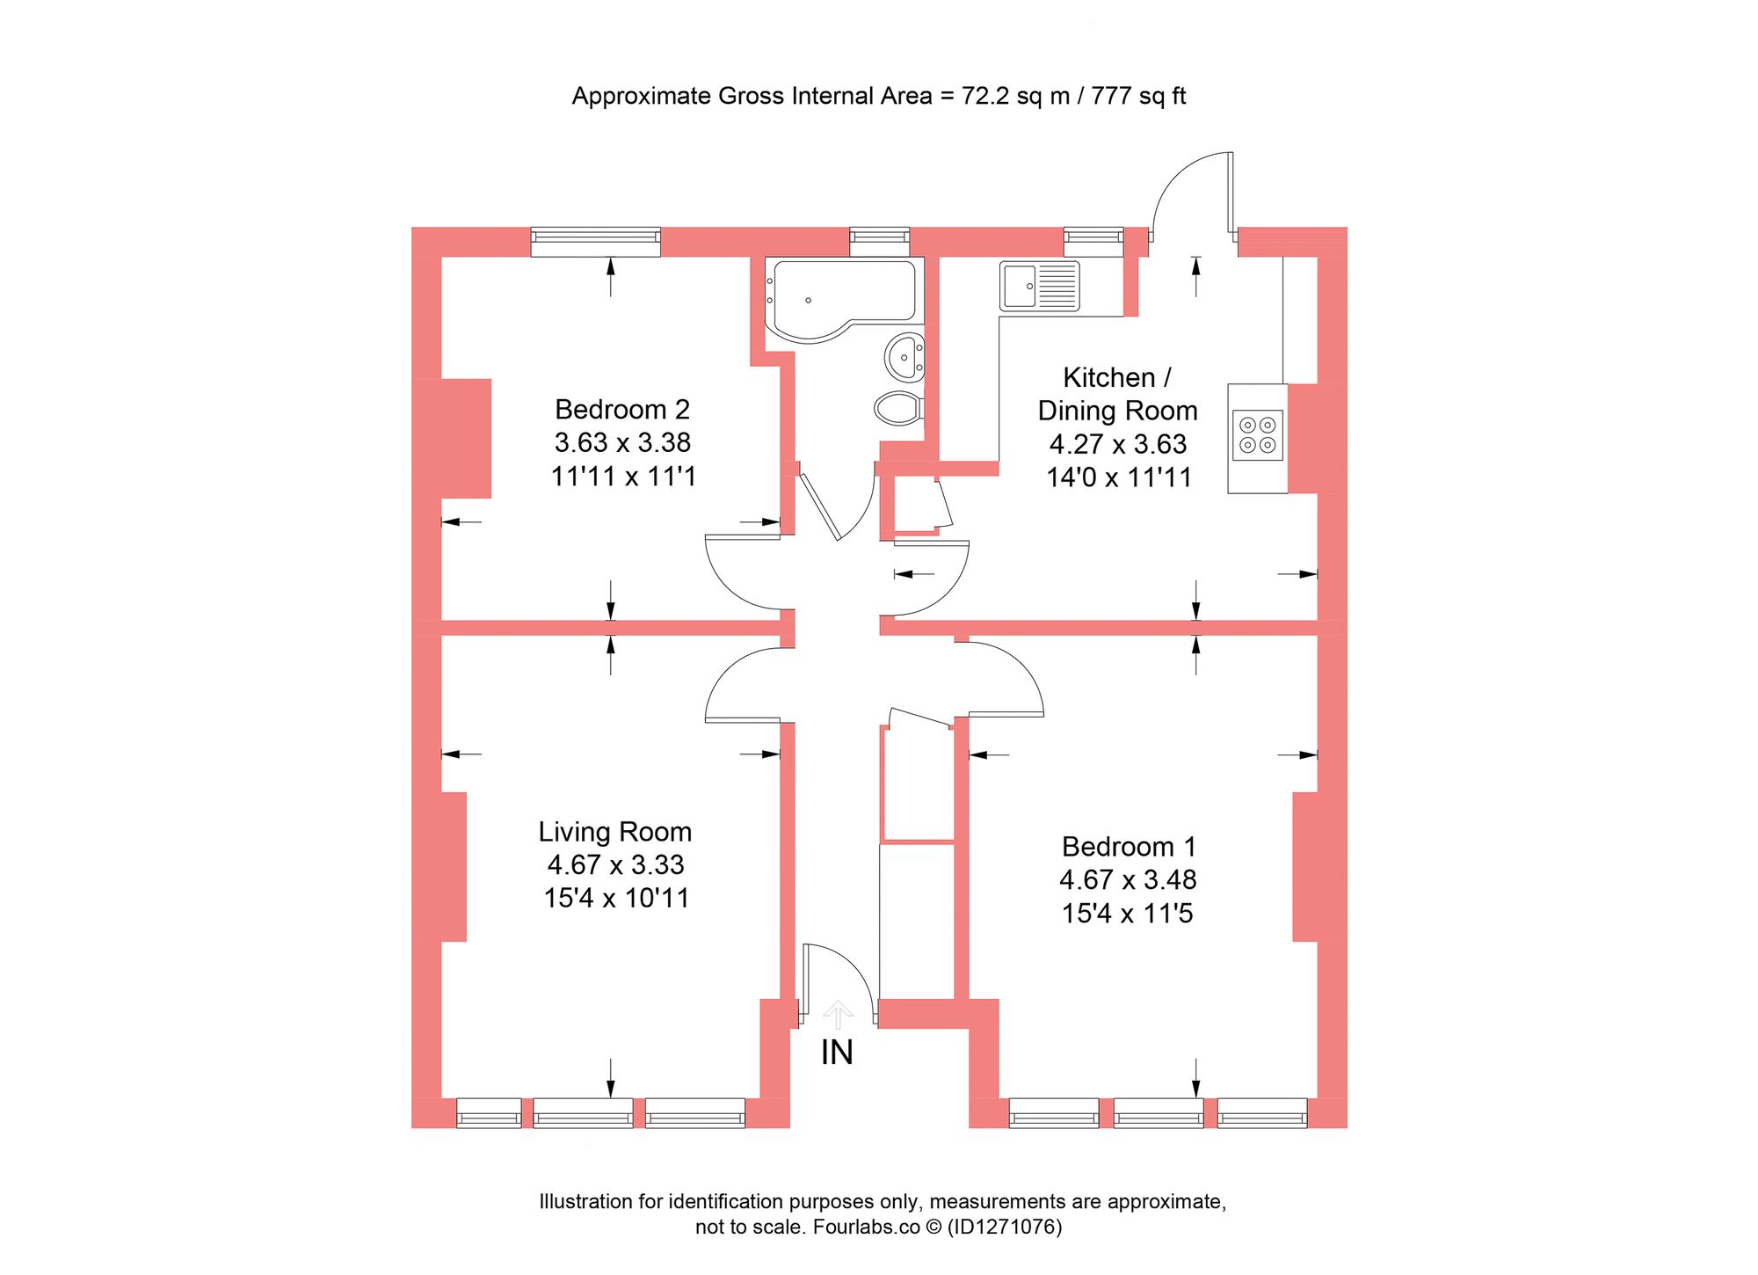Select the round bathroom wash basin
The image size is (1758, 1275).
(904, 357)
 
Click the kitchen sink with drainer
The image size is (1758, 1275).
(1039, 286)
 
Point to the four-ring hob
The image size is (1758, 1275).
(1257, 435)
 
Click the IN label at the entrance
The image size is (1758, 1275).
(837, 1053)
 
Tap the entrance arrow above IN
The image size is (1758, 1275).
(838, 1014)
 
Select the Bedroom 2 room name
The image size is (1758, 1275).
(621, 410)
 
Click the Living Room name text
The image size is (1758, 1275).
(614, 832)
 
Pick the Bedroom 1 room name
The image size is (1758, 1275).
(1128, 847)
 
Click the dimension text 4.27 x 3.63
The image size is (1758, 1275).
(1117, 444)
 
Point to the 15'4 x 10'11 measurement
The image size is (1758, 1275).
(615, 899)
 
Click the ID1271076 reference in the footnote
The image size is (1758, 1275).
(1004, 1227)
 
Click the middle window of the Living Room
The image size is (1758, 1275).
(583, 1113)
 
